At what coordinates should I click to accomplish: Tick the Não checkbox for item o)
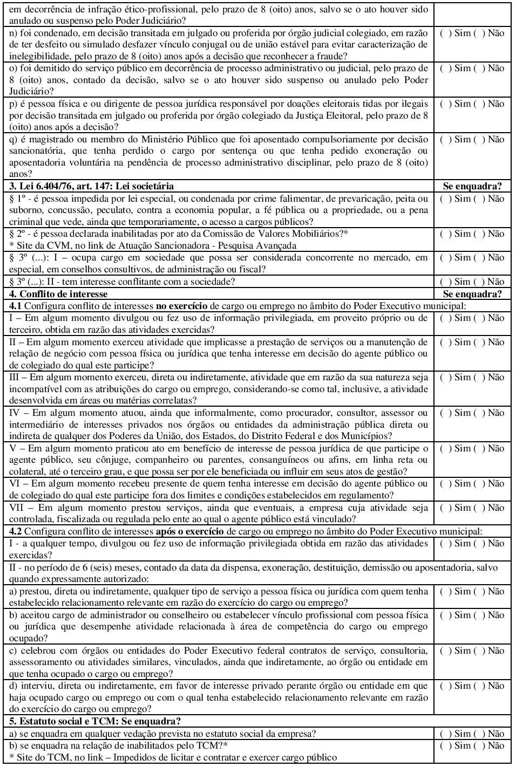(x=479, y=69)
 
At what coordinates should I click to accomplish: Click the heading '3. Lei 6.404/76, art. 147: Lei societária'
(x=92, y=186)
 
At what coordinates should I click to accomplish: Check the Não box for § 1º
(x=479, y=198)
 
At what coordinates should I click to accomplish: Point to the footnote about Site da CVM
(x=153, y=245)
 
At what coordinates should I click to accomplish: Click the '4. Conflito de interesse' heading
(x=58, y=294)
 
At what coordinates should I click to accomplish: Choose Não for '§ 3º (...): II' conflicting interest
(x=479, y=282)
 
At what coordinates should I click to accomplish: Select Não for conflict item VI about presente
(x=479, y=484)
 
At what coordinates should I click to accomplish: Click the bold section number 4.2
(x=15, y=531)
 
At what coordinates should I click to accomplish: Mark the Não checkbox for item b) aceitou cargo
(x=479, y=615)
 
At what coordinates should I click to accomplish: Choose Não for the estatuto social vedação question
(x=479, y=734)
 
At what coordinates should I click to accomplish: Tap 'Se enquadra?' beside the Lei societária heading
(x=472, y=186)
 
